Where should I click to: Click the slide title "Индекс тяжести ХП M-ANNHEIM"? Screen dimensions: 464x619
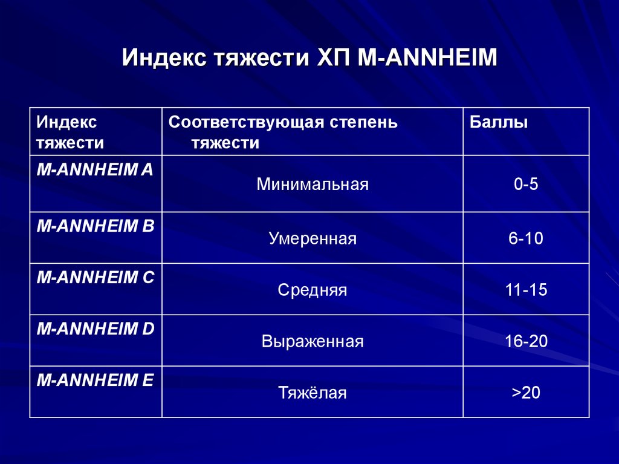[309, 59]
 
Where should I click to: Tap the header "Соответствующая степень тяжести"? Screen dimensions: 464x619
[283, 132]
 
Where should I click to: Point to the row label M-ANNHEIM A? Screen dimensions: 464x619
[95, 171]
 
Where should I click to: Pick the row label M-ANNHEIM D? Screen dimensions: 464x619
[96, 329]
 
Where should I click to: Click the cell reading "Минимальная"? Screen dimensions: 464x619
[312, 185]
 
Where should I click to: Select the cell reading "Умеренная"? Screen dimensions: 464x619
[312, 239]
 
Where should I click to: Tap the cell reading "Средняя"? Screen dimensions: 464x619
[312, 290]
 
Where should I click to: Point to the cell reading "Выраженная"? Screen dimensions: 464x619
[312, 342]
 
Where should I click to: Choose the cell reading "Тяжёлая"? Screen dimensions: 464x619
[312, 393]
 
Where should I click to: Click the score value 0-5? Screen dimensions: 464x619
[526, 185]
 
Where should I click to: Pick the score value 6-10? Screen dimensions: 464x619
[526, 239]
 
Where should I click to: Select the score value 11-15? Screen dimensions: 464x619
[526, 290]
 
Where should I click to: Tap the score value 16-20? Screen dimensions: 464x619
[526, 342]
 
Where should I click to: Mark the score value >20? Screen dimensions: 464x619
[526, 393]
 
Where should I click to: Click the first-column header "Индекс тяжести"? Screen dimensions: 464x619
[70, 132]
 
